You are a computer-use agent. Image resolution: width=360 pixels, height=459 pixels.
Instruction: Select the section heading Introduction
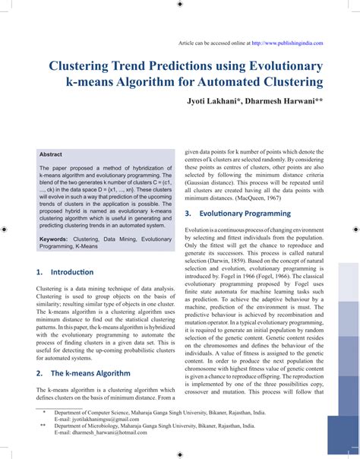71,271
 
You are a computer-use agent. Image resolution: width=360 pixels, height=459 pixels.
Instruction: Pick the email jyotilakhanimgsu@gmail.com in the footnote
102,419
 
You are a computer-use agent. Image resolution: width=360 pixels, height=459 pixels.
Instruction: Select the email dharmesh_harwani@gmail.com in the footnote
103,433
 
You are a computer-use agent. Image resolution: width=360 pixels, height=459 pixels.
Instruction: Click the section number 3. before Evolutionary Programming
188,214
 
